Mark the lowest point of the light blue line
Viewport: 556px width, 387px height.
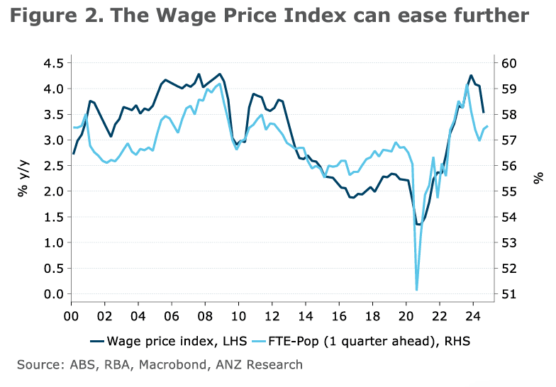click(x=416, y=289)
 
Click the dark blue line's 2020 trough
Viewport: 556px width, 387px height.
click(x=418, y=225)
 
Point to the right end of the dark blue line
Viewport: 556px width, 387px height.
click(x=483, y=112)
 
